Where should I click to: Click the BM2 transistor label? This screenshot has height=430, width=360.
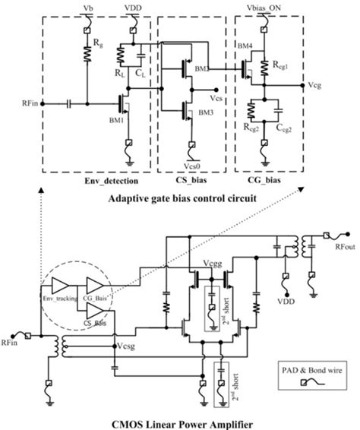[x=201, y=70]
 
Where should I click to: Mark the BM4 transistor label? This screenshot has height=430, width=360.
[x=245, y=48]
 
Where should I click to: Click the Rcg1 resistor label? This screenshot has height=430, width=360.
[x=283, y=63]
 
